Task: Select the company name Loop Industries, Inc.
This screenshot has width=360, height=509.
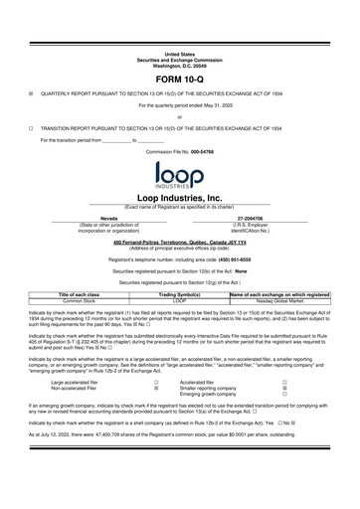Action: pos(179,197)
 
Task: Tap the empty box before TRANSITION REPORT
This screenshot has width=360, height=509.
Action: pos(31,128)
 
